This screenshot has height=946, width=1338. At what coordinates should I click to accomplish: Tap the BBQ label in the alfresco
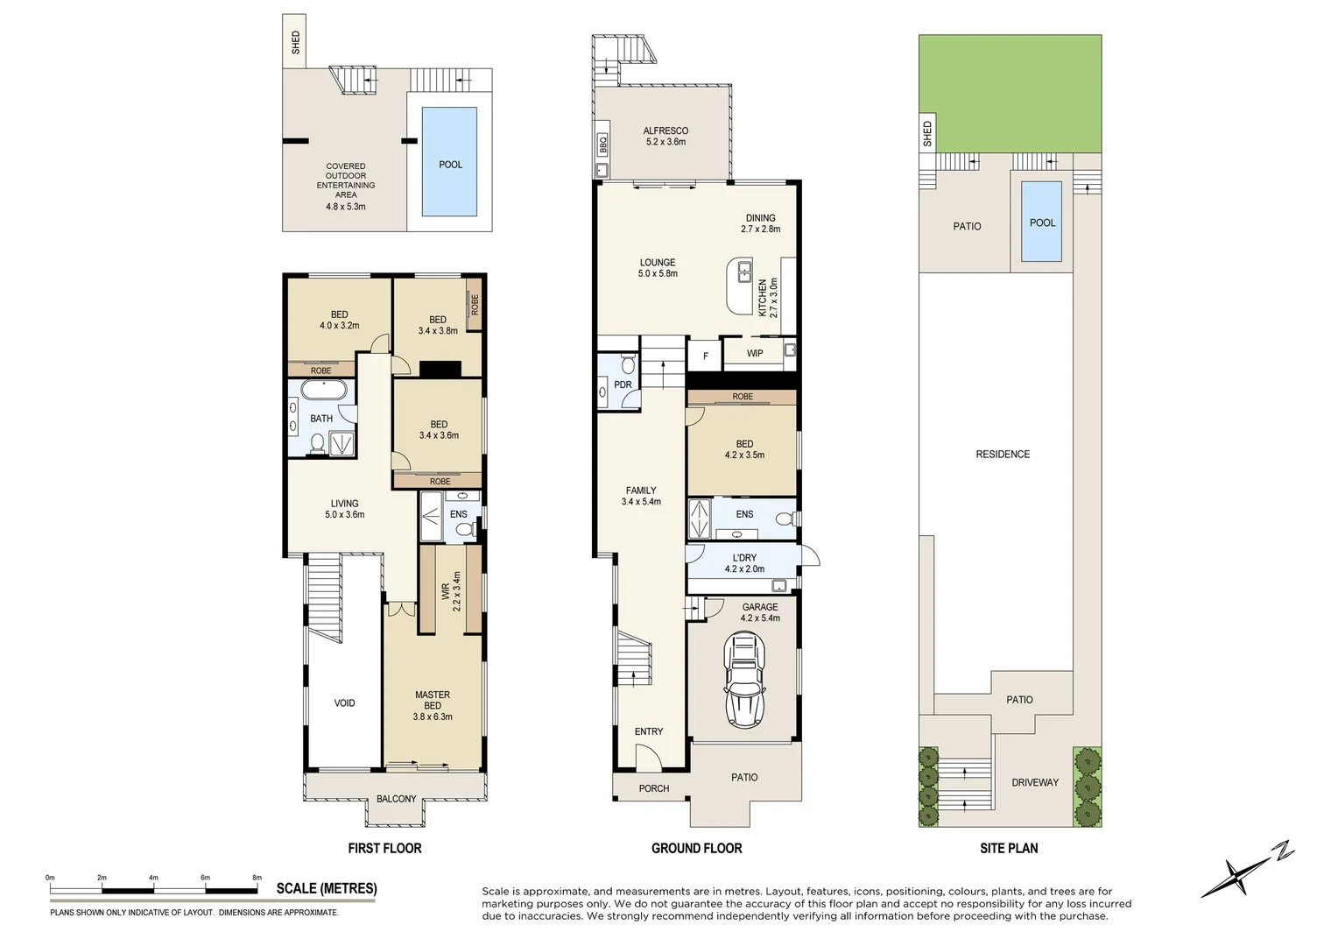(602, 144)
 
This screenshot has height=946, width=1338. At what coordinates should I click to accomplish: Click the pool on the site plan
(1041, 222)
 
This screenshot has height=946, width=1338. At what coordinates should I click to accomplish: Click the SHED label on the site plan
(927, 135)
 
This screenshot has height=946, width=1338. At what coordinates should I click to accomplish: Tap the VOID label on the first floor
(344, 703)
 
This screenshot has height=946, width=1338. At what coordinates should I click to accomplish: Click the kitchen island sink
(745, 271)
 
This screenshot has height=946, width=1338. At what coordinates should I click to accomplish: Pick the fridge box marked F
(705, 357)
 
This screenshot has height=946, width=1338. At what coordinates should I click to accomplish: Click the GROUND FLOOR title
(696, 848)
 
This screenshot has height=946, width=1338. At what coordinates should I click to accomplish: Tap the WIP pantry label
(755, 354)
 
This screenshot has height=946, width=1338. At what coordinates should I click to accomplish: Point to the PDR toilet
(627, 363)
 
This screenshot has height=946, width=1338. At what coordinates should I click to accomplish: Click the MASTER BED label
(433, 700)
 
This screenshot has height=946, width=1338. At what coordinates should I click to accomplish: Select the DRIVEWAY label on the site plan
(1035, 782)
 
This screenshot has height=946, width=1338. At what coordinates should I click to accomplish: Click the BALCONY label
(396, 799)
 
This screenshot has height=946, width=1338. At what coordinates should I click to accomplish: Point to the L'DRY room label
(744, 558)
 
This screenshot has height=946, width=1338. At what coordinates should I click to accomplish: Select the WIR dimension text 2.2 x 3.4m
(456, 592)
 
